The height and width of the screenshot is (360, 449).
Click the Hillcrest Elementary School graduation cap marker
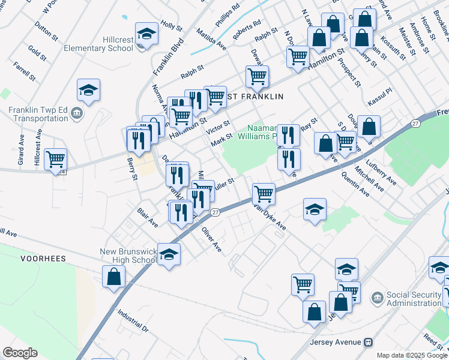[146, 34]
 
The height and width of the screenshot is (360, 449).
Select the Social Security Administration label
[413, 298]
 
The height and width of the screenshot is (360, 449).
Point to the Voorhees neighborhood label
[42, 259]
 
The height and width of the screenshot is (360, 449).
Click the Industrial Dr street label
[133, 321]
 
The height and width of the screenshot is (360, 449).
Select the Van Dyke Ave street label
[269, 220]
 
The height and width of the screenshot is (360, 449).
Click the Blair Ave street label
[148, 218]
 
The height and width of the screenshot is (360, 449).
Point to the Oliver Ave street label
[211, 238]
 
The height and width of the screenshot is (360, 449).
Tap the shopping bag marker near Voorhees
[113, 277]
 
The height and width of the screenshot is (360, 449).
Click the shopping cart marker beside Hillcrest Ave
[55, 159]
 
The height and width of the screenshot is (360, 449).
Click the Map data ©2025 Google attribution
[411, 355]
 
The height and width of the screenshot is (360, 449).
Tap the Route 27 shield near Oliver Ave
[215, 212]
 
